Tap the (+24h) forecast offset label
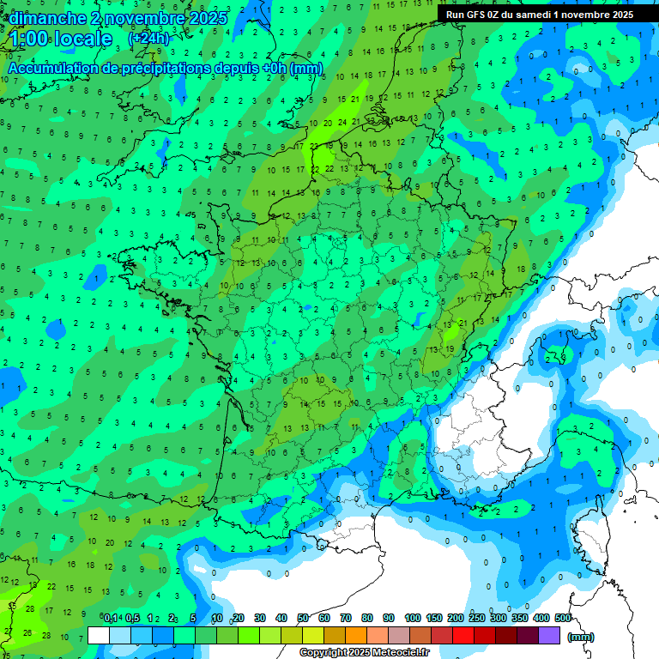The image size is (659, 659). tap(148, 38)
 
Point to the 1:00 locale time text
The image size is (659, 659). tap(60, 39)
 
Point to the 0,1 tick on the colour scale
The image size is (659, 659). tap(111, 618)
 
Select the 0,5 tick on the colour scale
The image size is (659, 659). tap(132, 618)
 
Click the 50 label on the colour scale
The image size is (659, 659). tap(303, 618)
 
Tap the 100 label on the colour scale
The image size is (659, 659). tap(412, 618)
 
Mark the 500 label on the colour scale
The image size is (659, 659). tap(563, 618)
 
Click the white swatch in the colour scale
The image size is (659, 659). tap(99, 635)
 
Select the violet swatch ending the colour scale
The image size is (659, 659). tap(549, 635)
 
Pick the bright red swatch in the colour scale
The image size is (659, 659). tap(463, 635)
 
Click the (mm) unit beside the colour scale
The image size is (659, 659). tap(581, 637)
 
